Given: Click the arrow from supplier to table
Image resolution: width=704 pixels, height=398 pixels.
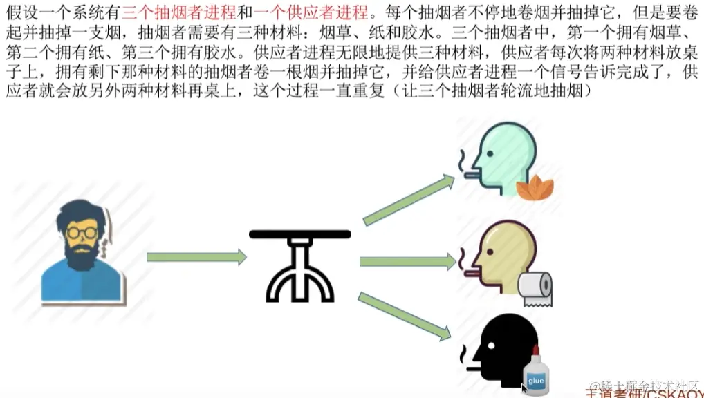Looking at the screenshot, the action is (x=196, y=257).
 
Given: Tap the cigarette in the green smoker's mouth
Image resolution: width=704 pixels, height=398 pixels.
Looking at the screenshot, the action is (x=472, y=175).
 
